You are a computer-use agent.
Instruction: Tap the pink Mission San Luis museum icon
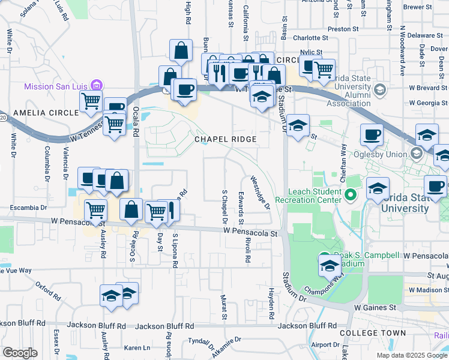[x=99, y=85]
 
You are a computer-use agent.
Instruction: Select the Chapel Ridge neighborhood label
[x=225, y=139]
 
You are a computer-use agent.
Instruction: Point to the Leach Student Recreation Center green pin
[x=352, y=194]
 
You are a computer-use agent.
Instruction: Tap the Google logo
[x=20, y=353]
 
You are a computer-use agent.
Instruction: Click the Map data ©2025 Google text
[x=412, y=355]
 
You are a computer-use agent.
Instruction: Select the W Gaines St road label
[x=375, y=307]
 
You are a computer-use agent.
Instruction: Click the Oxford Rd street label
[x=49, y=290]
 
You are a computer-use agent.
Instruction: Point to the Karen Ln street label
[x=137, y=348]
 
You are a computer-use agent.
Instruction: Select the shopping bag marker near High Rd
[x=181, y=52]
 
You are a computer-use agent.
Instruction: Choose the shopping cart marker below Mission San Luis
[x=91, y=102]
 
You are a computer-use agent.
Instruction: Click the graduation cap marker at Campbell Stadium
[x=329, y=266]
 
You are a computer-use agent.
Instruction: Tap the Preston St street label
[x=343, y=28]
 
